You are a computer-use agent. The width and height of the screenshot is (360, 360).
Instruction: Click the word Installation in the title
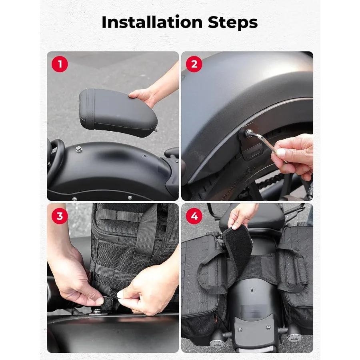click(152, 22)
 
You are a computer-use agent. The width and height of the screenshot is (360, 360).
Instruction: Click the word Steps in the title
click(232, 23)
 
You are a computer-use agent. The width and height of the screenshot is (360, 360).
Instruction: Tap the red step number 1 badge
click(60, 64)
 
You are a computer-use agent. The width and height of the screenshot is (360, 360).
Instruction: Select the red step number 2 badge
click(194, 64)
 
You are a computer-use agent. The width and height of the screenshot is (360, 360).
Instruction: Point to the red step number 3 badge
click(60, 216)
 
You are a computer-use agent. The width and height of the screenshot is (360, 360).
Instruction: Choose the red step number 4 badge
click(194, 216)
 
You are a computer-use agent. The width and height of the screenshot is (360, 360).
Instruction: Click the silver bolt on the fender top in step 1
click(79, 150)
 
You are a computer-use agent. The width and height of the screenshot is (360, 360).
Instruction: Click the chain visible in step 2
click(271, 181)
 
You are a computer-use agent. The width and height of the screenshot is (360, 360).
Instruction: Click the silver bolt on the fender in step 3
click(98, 312)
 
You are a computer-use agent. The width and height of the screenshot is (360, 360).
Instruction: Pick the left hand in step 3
click(74, 278)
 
